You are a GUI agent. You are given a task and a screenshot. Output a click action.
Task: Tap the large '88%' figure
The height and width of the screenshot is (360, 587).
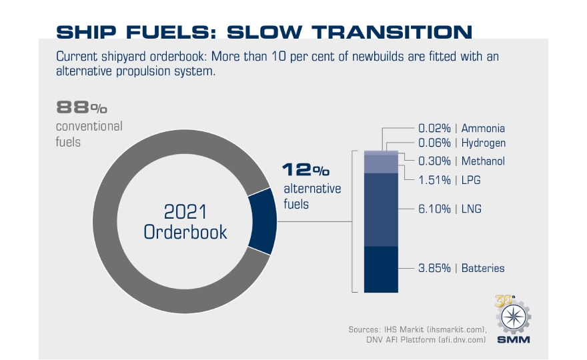[82, 107]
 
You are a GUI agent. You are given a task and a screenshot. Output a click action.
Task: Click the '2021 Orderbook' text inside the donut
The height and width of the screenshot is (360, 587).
[185, 222]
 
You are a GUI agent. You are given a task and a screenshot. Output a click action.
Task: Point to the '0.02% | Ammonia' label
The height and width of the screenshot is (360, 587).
[461, 128]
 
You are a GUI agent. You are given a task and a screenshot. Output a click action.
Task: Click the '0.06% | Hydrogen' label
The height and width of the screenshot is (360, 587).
[461, 143]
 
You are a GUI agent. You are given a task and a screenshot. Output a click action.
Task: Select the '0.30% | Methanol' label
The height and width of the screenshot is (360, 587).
[461, 161]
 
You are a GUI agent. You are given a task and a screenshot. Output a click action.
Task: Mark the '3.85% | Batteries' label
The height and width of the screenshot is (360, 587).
[461, 268]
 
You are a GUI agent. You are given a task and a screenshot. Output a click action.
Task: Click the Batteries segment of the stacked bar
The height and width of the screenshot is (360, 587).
[380, 269]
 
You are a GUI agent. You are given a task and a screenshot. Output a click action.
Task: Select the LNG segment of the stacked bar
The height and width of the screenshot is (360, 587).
[380, 209]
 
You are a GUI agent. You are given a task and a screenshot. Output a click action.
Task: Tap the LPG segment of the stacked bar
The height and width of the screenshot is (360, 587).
[380, 164]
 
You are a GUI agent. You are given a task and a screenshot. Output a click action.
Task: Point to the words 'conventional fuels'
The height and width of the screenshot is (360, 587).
[89, 133]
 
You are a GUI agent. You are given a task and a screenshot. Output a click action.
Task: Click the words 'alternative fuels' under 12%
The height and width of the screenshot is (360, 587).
[312, 196]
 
